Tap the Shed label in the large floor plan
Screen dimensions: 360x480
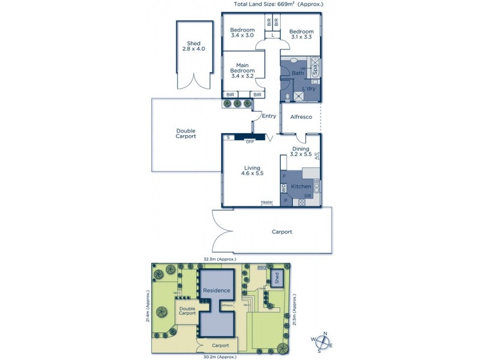(x=193, y=44)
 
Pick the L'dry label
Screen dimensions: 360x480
(x=309, y=89)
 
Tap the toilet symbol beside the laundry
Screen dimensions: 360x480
(x=287, y=96)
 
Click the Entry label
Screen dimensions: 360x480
(x=269, y=116)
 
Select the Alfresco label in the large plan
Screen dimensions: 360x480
(x=301, y=117)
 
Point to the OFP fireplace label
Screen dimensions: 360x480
(x=250, y=142)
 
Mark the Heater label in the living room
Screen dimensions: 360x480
(x=266, y=202)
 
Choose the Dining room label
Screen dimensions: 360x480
(x=301, y=149)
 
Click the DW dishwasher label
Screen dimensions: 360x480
(x=307, y=196)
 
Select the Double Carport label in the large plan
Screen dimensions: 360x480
(x=186, y=134)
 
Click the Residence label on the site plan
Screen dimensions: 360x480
(x=216, y=291)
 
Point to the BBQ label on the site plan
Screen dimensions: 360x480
(x=262, y=268)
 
